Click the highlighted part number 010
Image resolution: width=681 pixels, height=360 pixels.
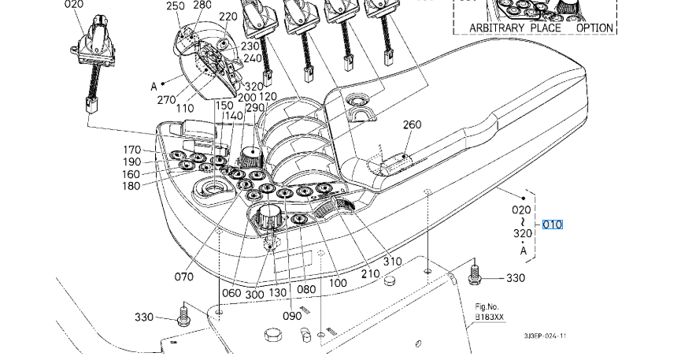click(553, 225)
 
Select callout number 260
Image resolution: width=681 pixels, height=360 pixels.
click(413, 124)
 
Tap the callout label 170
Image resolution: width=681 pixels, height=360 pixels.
click(131, 150)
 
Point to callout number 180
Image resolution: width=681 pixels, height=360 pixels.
click(131, 186)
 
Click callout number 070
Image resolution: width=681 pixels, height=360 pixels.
click(183, 277)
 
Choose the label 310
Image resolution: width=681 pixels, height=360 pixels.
click(392, 262)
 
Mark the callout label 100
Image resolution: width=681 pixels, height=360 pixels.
click(339, 283)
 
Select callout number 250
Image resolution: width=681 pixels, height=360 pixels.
click(175, 6)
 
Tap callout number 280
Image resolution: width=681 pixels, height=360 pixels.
click(202, 5)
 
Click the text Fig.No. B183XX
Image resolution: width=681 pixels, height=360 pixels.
click(488, 312)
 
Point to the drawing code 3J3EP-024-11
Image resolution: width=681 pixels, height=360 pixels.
click(545, 336)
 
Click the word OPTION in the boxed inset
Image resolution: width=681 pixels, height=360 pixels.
click(594, 28)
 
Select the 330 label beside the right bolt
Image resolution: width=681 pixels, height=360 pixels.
click(516, 278)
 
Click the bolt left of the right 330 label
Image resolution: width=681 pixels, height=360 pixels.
click(475, 274)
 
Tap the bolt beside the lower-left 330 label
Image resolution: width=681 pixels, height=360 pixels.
click(183, 317)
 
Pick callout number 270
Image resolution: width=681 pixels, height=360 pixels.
click(166, 100)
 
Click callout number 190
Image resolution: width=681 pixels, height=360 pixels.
click(131, 161)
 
